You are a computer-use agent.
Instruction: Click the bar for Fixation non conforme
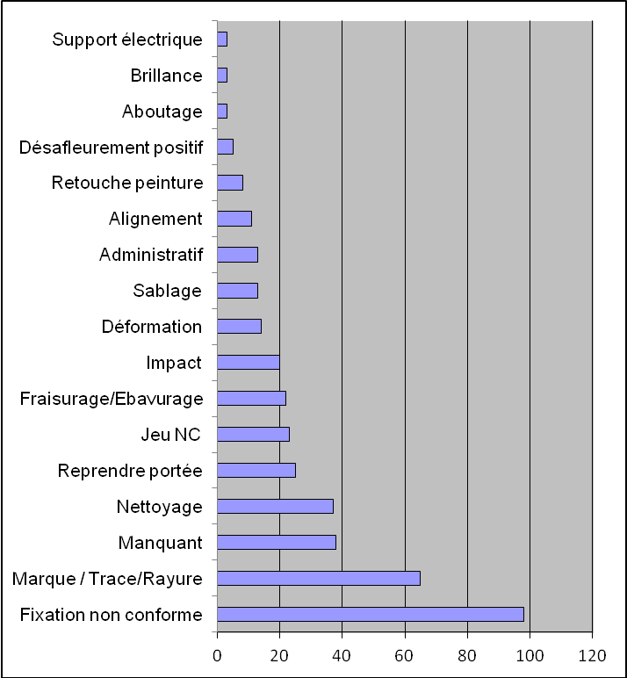click(x=370, y=614)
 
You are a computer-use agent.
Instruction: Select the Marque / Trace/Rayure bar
click(x=318, y=578)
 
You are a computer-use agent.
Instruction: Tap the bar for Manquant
click(x=276, y=542)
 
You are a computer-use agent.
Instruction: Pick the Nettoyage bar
click(x=275, y=506)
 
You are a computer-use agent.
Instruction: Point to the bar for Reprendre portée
click(x=256, y=470)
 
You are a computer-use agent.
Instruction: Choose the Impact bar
click(x=248, y=362)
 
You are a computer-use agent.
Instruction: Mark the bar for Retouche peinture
click(x=229, y=183)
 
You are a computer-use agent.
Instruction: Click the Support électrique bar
click(x=221, y=39)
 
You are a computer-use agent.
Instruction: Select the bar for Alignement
click(x=234, y=219)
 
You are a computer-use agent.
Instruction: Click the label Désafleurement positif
click(x=111, y=147)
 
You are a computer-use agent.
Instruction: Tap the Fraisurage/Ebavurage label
click(x=111, y=399)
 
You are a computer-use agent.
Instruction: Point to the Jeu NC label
click(x=171, y=435)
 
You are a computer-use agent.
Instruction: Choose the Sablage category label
click(x=167, y=291)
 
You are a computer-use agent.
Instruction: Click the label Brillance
click(x=166, y=75)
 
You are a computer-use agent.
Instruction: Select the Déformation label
click(x=152, y=327)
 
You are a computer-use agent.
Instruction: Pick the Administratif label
click(x=151, y=255)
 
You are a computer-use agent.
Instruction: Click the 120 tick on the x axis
click(x=592, y=655)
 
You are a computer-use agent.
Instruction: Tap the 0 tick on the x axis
click(x=217, y=655)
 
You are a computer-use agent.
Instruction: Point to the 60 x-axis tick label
click(x=405, y=655)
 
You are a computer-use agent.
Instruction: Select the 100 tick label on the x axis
click(x=530, y=655)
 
